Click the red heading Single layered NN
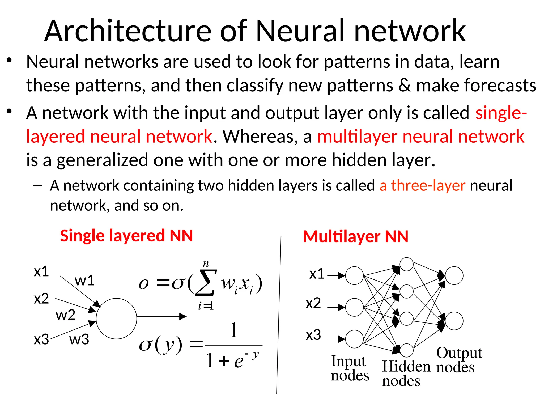click(126, 236)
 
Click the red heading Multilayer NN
click(355, 237)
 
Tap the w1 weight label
click(84, 280)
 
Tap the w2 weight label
click(65, 315)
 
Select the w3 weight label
click(79, 339)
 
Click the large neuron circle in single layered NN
click(116, 318)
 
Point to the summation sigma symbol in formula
click(206, 283)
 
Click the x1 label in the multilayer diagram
click(317, 274)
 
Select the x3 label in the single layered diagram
click(41, 339)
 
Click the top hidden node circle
click(406, 264)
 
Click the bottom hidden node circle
click(406, 350)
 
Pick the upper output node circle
click(454, 275)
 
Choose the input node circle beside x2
click(354, 307)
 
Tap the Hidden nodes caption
click(406, 373)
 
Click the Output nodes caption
click(459, 360)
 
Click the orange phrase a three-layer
click(422, 185)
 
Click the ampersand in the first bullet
click(404, 86)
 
